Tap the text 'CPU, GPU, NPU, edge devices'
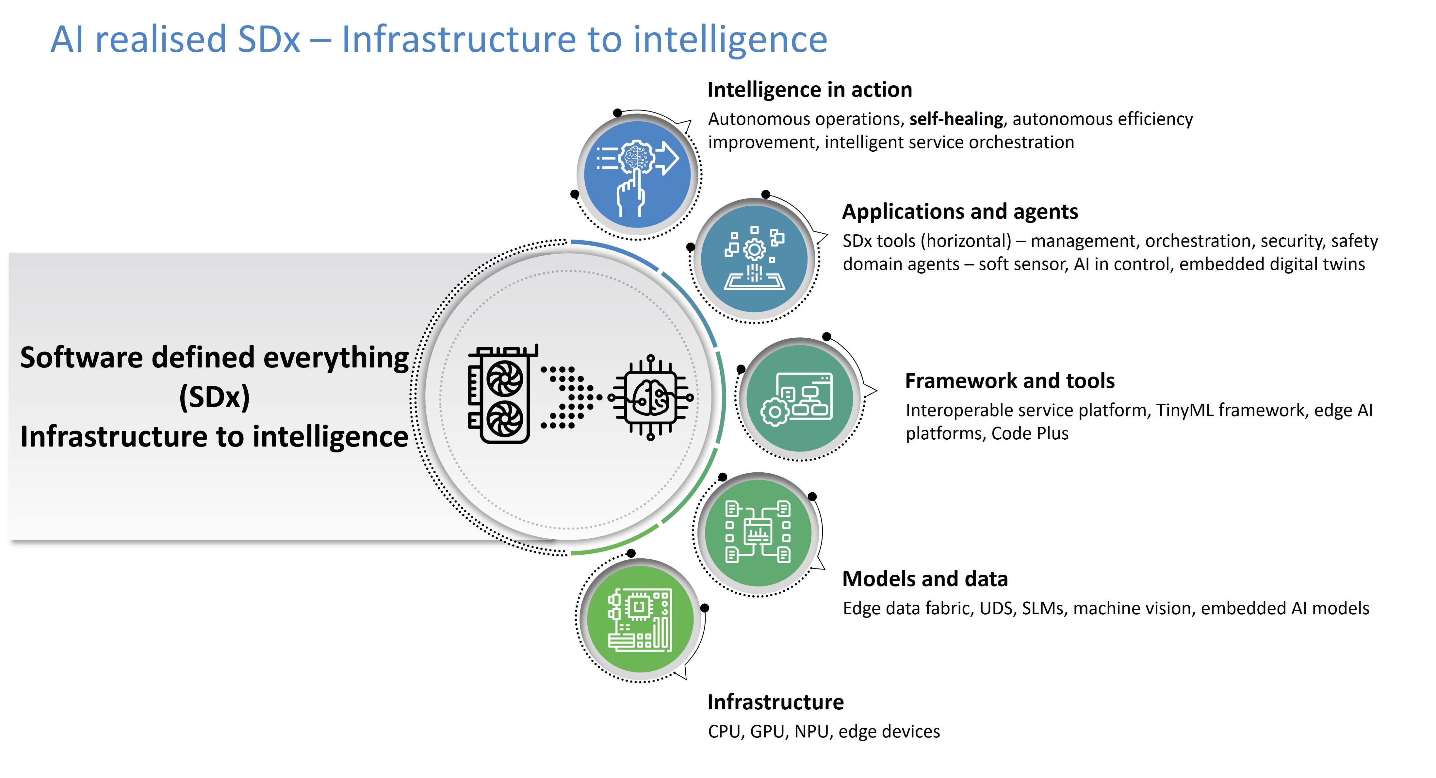pos(824,731)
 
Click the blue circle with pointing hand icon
pos(637,175)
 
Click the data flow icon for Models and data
pos(758,532)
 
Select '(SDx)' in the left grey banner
pos(215,397)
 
